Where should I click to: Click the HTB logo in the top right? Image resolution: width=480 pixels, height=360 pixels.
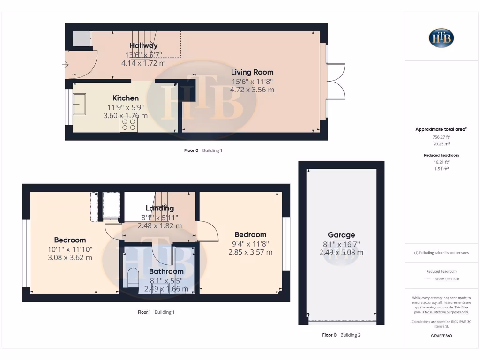click(441, 38)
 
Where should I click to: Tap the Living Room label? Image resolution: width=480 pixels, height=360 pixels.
click(252, 72)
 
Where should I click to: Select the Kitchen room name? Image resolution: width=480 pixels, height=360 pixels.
click(126, 98)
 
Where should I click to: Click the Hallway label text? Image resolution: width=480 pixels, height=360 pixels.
click(143, 45)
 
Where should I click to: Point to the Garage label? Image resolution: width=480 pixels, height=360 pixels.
click(341, 235)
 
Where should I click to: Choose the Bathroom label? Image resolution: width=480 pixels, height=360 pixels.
click(166, 271)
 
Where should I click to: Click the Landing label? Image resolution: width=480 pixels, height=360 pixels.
click(160, 208)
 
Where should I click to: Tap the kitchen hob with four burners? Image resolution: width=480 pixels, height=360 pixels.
click(128, 124)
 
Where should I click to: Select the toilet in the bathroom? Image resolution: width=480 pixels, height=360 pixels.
click(132, 277)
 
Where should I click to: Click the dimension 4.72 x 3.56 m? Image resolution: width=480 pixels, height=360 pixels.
click(253, 90)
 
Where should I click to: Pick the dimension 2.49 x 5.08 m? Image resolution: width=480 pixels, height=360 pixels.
click(341, 253)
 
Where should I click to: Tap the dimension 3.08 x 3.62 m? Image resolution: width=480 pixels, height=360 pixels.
click(70, 257)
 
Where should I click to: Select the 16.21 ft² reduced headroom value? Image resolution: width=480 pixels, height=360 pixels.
click(441, 162)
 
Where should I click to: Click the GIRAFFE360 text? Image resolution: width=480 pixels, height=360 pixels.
click(441, 336)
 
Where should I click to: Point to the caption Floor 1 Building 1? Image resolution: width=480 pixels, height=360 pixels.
click(156, 312)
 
